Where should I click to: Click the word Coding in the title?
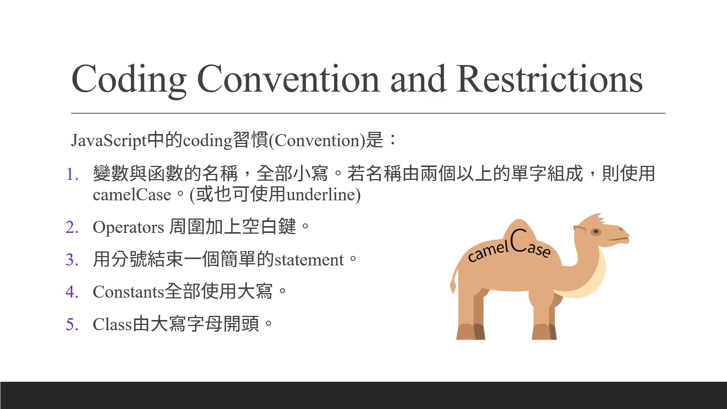click(x=129, y=80)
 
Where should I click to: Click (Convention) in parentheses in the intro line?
click(x=317, y=140)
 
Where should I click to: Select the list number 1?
click(x=72, y=175)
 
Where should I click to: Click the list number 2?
click(x=72, y=227)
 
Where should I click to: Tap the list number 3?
click(x=72, y=260)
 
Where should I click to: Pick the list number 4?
click(x=72, y=292)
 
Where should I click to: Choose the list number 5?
click(x=72, y=325)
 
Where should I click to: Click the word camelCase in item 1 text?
click(x=132, y=195)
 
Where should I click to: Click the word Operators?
click(x=128, y=227)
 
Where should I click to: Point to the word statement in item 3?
click(x=309, y=260)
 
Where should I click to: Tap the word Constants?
click(x=128, y=292)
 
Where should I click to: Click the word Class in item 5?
click(x=112, y=325)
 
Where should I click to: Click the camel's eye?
click(x=596, y=231)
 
